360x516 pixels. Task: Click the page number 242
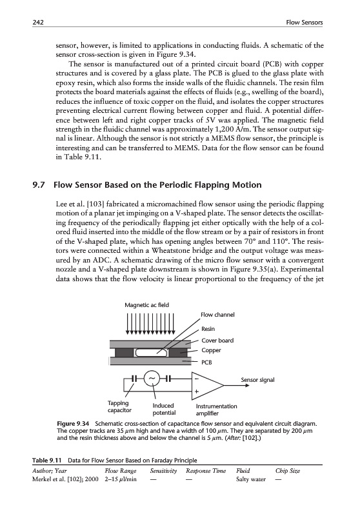(38, 23)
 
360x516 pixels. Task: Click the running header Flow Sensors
(305, 23)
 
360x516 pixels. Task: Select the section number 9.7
(39, 185)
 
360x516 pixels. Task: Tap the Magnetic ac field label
(146, 305)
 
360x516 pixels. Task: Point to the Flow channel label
(217, 315)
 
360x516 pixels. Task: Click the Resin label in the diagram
(208, 329)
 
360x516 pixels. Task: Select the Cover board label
(217, 341)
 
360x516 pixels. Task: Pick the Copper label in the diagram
(211, 350)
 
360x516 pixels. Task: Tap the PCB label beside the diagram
(206, 362)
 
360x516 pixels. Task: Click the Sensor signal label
(257, 380)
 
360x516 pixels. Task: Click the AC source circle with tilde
(152, 379)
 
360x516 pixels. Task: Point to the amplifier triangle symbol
(208, 385)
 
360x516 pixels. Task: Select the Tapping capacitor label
(119, 406)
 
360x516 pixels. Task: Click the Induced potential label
(165, 409)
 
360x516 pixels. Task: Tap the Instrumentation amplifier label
(217, 410)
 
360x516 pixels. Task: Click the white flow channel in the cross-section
(151, 352)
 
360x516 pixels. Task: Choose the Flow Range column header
(121, 471)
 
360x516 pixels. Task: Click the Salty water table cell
(251, 479)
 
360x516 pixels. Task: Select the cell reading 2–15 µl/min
(121, 479)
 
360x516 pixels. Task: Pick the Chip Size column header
(288, 471)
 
